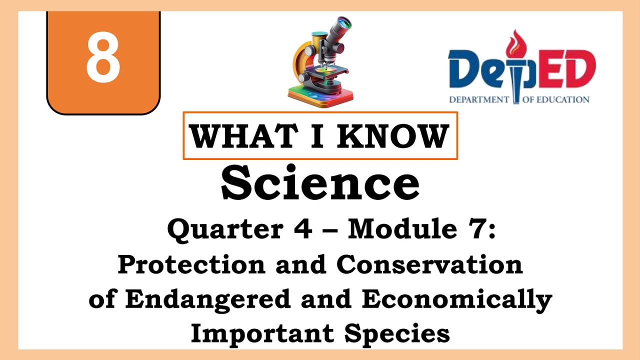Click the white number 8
(x=103, y=59)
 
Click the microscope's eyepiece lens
(x=344, y=22)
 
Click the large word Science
(x=320, y=183)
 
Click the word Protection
(x=191, y=265)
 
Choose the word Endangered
(x=207, y=299)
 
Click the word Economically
(x=456, y=299)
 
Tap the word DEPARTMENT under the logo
(x=478, y=99)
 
